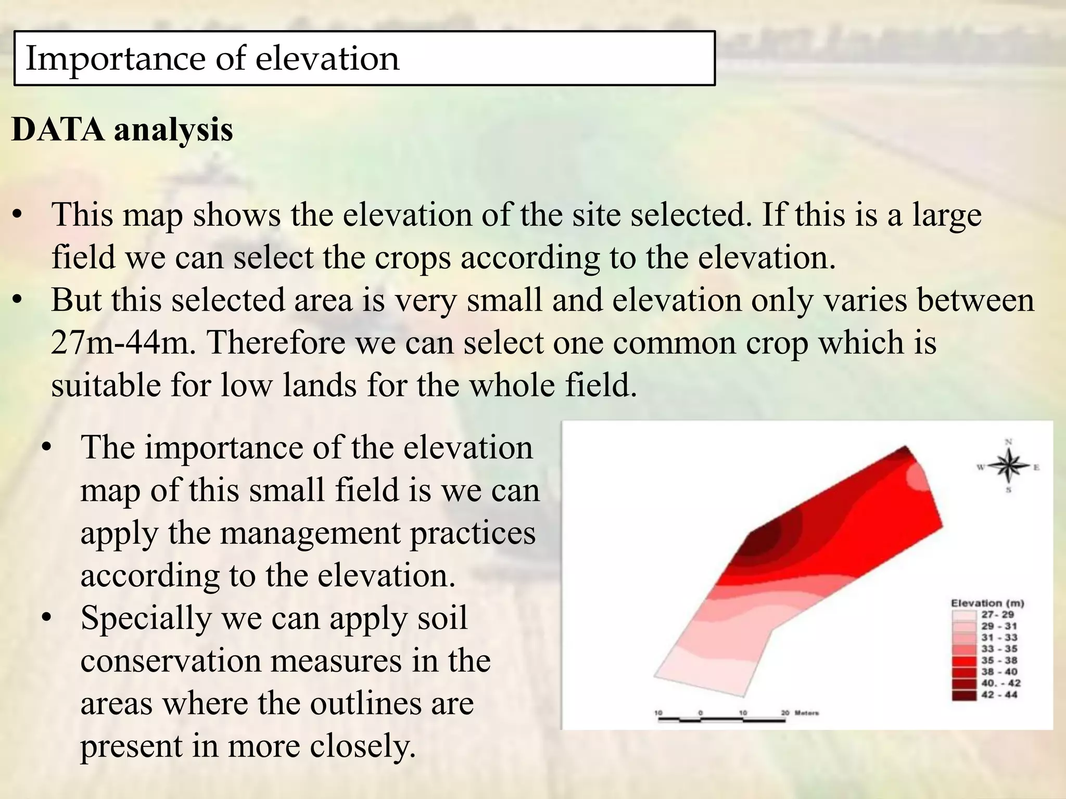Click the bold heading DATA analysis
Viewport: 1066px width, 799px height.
[x=122, y=130]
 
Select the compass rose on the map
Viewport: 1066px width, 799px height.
[x=1008, y=466]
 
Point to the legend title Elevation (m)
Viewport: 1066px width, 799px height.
[x=987, y=603]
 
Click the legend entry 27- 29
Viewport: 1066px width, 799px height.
[x=997, y=615]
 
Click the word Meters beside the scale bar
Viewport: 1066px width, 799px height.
[x=807, y=713]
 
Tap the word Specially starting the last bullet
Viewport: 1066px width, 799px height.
[x=146, y=618]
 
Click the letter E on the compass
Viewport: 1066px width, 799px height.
[x=1036, y=467]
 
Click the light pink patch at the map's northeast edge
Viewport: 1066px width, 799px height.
[x=919, y=476]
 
